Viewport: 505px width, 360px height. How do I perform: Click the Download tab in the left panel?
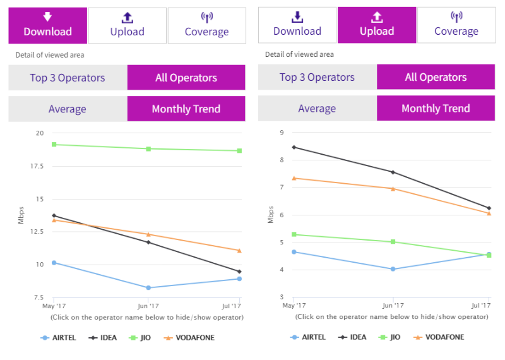(x=47, y=25)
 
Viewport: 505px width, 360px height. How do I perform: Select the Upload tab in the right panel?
(x=376, y=25)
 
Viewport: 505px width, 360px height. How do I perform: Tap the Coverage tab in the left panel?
(x=206, y=25)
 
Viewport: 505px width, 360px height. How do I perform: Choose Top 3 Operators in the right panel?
(x=317, y=78)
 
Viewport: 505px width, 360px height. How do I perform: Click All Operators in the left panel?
(x=186, y=78)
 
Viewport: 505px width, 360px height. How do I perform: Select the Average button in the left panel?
(x=68, y=109)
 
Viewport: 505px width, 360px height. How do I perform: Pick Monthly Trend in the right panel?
(x=436, y=109)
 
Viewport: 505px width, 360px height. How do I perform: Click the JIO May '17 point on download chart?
(x=54, y=145)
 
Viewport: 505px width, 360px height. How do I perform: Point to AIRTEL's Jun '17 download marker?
(x=148, y=287)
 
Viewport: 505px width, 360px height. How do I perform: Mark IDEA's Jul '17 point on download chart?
(x=240, y=272)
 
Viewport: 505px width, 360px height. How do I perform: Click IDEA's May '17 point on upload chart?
(x=294, y=147)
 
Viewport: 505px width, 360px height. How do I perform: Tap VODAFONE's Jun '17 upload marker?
(x=393, y=188)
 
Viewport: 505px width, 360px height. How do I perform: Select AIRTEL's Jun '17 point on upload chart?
(x=393, y=269)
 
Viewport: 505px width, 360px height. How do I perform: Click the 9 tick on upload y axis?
(x=281, y=133)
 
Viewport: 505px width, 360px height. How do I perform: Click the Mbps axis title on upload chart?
(x=270, y=215)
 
